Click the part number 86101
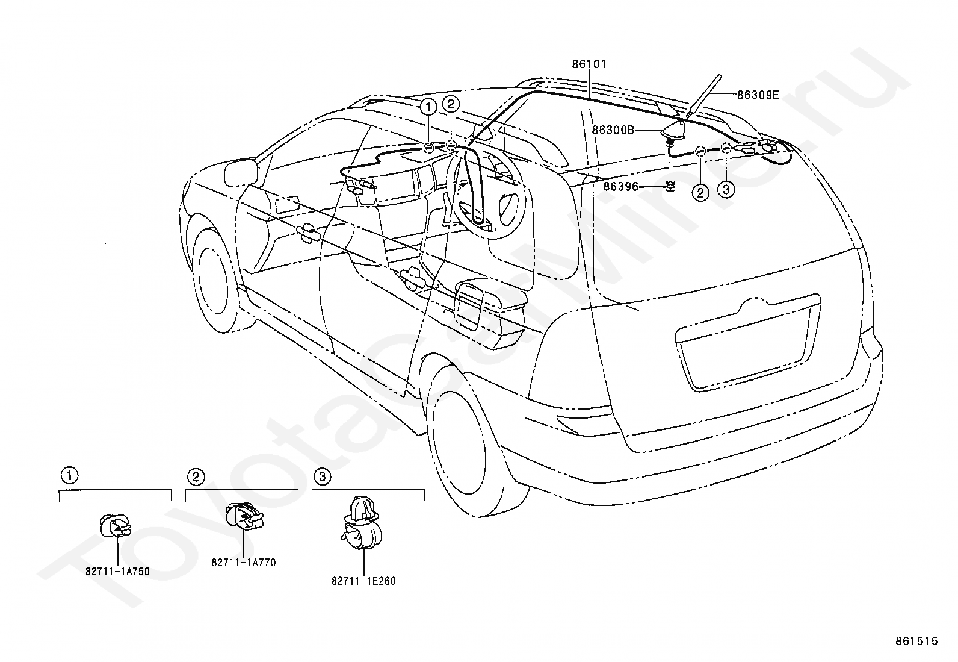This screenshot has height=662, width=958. coord(589,64)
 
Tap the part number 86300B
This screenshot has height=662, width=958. coord(613,130)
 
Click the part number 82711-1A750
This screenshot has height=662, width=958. coord(117,572)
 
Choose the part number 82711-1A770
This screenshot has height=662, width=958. coord(243,563)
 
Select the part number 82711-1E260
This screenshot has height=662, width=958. coord(363,581)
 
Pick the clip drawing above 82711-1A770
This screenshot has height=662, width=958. coord(244,517)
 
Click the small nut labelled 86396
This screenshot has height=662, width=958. coord(670,186)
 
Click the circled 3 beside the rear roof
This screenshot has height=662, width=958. coord(726,190)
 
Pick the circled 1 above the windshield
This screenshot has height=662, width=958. coord(428,108)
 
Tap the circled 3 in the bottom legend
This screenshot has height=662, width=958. coord(322,477)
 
